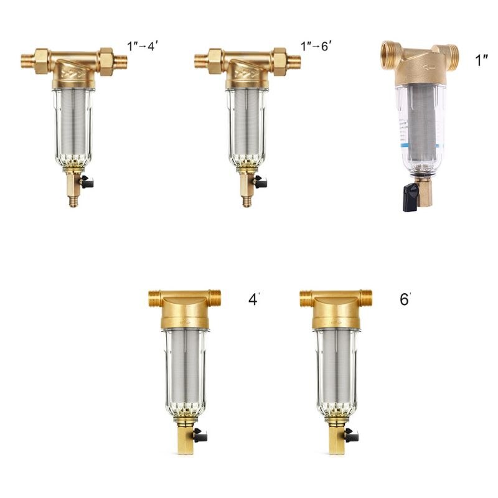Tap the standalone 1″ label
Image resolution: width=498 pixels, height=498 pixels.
(482, 61)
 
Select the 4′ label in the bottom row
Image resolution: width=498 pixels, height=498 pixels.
(253, 299)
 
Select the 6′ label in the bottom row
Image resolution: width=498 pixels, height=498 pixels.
(406, 299)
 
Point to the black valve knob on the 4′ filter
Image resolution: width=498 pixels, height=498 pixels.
(200, 434)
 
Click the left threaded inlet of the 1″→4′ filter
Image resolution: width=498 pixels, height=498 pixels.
(28, 61)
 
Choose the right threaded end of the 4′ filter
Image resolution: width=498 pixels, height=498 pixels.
(215, 298)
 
